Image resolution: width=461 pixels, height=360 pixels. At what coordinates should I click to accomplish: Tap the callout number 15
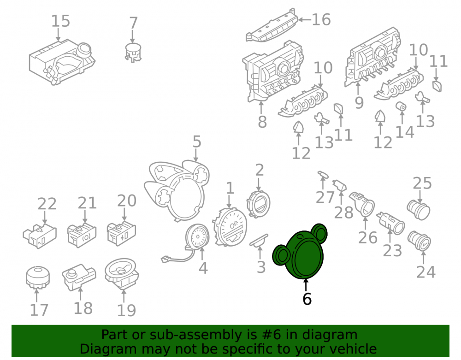tap(61, 21)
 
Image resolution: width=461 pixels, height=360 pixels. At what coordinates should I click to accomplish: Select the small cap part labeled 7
tap(133, 52)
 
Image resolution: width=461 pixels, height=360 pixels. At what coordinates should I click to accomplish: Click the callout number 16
tap(321, 20)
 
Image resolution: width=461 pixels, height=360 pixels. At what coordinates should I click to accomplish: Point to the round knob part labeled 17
tap(38, 277)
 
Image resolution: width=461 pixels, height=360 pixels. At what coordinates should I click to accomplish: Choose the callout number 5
tap(197, 142)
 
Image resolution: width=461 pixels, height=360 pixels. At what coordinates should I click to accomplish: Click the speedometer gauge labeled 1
tap(230, 227)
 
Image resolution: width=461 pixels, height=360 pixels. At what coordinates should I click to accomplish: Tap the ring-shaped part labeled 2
tap(258, 204)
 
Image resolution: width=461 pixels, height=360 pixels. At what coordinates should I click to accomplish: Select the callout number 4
tap(203, 268)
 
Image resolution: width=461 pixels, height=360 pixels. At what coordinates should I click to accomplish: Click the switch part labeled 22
tap(40, 236)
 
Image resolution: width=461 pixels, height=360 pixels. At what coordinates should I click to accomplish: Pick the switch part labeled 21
tap(82, 235)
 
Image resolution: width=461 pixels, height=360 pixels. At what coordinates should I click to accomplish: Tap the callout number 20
tap(127, 201)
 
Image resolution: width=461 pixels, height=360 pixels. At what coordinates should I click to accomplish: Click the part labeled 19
tap(122, 274)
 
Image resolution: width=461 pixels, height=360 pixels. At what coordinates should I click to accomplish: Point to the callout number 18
tap(83, 308)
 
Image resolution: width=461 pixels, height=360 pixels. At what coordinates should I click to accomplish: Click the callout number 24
tap(426, 272)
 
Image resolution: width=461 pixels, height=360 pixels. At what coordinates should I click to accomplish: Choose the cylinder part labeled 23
tap(391, 223)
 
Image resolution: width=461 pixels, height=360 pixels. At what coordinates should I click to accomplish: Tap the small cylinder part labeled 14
tap(402, 106)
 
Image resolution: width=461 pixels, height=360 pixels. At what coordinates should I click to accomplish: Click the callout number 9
tap(359, 103)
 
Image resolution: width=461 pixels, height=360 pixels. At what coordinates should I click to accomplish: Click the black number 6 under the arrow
tap(307, 299)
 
